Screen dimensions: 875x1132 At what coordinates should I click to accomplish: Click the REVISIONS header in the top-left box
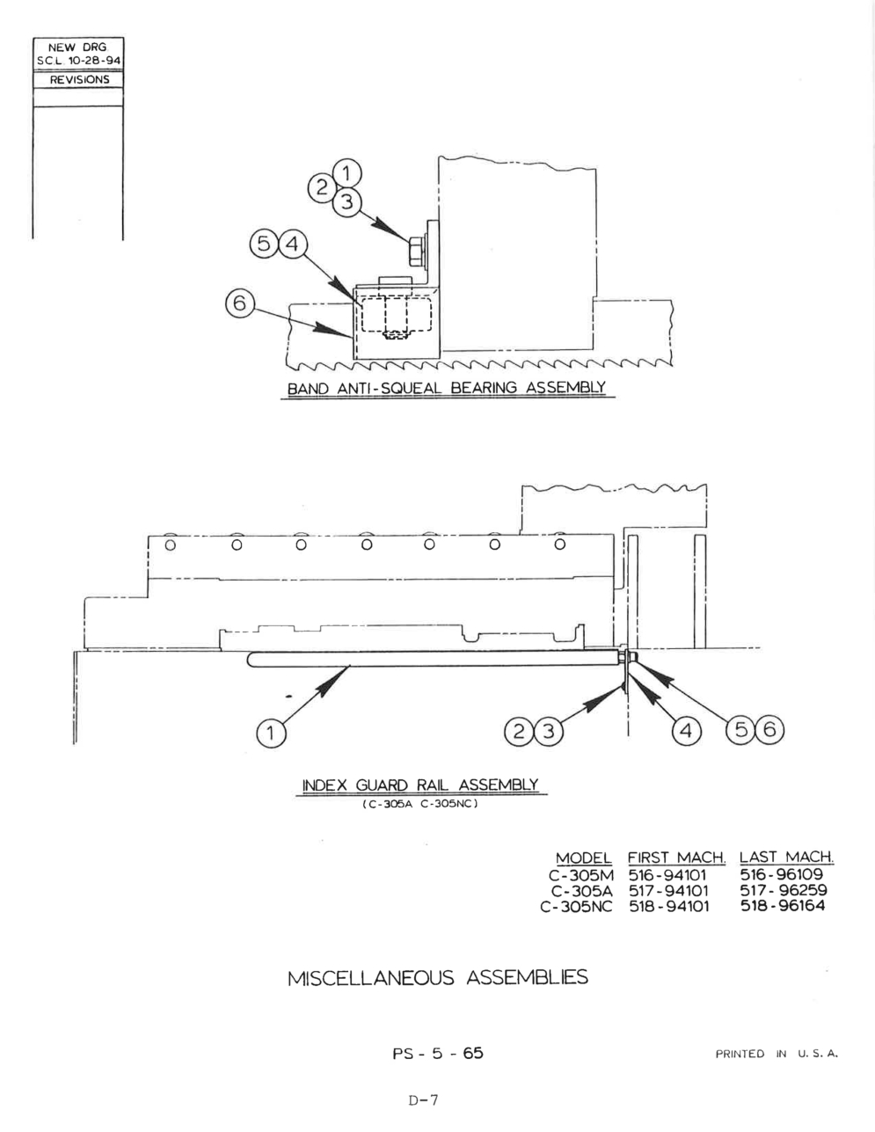(80, 80)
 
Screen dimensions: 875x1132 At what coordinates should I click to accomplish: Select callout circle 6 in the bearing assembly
(239, 303)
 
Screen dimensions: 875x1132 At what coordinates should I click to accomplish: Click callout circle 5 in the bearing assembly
(264, 244)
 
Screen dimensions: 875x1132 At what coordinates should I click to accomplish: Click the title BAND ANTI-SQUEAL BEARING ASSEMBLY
(447, 388)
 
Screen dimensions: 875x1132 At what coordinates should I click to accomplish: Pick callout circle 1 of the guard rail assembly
(271, 734)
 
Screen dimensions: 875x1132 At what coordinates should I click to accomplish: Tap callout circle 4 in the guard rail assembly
(686, 731)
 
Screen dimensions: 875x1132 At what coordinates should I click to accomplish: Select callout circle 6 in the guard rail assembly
(769, 730)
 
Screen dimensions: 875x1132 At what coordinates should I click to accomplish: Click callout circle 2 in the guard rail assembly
(519, 732)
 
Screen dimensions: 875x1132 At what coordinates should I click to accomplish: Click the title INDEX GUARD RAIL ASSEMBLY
(420, 785)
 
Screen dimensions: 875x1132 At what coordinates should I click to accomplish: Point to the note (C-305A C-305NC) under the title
(420, 804)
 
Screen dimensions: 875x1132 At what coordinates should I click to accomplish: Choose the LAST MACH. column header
(786, 857)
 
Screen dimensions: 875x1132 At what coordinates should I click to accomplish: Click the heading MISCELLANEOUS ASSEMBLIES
(438, 978)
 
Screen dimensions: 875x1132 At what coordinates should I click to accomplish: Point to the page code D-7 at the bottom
(424, 1100)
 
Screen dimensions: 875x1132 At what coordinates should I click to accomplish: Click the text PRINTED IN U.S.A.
(777, 1054)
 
